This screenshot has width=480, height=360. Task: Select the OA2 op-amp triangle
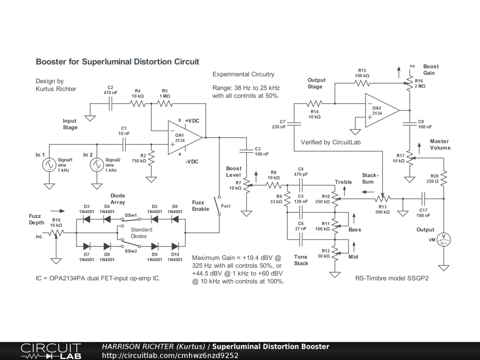[x=382, y=111]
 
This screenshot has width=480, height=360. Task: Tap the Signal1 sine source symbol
[x=49, y=165]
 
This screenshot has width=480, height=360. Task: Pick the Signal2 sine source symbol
[x=97, y=165]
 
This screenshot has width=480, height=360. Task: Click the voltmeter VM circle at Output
[x=443, y=240]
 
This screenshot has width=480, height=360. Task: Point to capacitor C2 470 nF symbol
[x=111, y=104]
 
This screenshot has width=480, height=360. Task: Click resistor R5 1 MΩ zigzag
[x=165, y=104]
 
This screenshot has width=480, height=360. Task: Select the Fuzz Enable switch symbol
[x=218, y=205]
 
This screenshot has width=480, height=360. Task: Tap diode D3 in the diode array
[x=87, y=219]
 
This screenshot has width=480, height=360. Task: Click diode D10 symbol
[x=175, y=246]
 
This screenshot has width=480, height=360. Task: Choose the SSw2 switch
[x=131, y=243]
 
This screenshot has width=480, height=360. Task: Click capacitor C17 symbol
[x=423, y=199]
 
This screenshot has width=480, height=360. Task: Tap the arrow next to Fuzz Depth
[x=58, y=211]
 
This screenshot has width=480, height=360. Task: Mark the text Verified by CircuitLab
[x=330, y=142]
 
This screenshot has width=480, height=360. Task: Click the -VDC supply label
[x=192, y=162]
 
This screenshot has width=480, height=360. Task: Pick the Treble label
[x=343, y=182]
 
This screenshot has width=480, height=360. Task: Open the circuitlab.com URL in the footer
[x=170, y=355]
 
